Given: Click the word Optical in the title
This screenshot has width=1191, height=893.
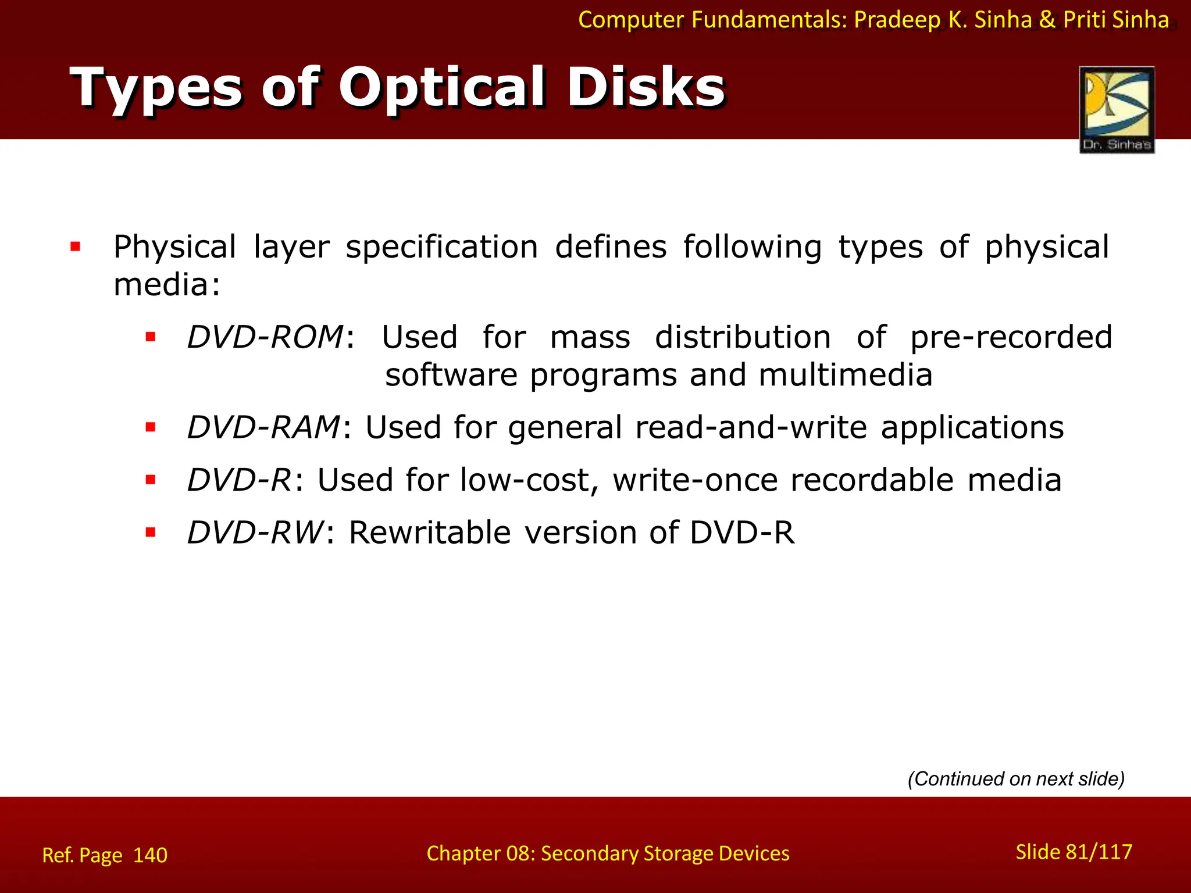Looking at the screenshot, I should [442, 88].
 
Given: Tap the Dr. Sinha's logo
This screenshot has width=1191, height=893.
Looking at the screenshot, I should [1117, 109].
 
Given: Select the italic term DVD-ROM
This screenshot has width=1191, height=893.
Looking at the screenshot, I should [265, 337].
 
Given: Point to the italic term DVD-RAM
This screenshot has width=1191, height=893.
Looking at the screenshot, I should [263, 427].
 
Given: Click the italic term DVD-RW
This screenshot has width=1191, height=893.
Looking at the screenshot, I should [255, 533].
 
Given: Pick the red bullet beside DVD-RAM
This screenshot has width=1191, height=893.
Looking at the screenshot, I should [151, 427].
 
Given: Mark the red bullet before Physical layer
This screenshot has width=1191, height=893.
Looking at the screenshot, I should [76, 247].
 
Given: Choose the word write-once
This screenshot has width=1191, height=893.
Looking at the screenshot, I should [695, 480].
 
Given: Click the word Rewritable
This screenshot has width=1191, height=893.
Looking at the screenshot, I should [430, 533].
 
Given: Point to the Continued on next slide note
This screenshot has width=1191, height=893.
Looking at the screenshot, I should [1016, 778].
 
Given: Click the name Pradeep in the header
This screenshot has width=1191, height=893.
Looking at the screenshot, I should [897, 20].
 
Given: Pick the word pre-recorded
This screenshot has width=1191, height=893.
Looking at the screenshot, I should [1011, 337].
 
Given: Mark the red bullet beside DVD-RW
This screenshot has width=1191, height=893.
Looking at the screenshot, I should [151, 532].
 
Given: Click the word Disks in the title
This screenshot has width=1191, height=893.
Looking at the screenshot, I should [646, 88].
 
